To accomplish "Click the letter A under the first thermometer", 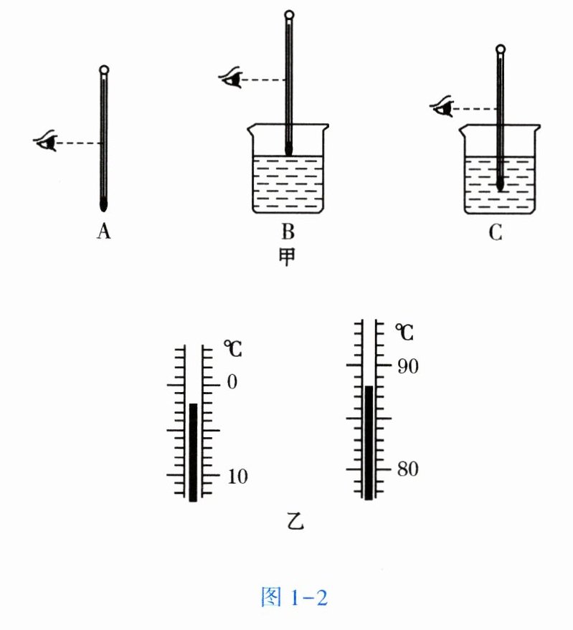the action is (104, 232).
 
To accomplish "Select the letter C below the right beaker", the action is (496, 232).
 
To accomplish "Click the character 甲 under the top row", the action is (288, 255).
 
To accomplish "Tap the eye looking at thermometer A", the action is (46, 142).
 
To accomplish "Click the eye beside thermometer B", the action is (231, 77).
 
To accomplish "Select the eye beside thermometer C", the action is (442, 108).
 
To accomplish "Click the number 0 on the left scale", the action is (231, 383).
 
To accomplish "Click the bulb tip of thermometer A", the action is (105, 204).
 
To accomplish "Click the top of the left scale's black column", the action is (193, 406).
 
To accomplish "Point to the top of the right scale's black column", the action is (369, 388).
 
